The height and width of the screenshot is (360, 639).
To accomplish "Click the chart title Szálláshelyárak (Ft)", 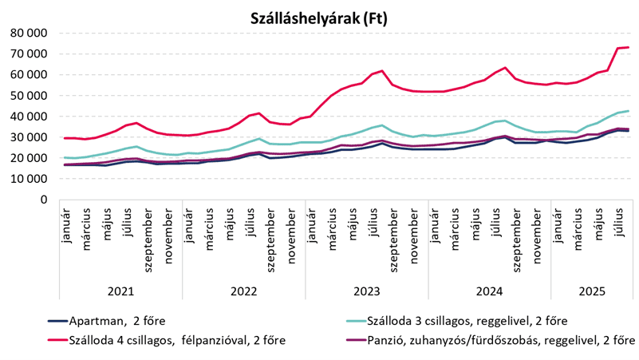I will coord(318,18).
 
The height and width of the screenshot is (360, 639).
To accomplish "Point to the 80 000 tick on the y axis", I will coord(27,34).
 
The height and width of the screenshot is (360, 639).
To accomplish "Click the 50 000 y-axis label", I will coord(27,96).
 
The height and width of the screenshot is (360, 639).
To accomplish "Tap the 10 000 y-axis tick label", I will coord(27,179).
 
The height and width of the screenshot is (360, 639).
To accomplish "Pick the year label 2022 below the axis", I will coord(243,291).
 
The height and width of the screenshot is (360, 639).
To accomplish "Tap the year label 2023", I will coord(369,291).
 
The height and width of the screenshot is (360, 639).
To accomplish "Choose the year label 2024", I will coord(493,291).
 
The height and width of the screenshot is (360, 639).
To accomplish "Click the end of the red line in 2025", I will coord(629,47).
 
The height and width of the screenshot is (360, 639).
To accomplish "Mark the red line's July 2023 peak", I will coord(383,71).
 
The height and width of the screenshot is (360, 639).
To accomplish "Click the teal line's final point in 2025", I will coord(629,111).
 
